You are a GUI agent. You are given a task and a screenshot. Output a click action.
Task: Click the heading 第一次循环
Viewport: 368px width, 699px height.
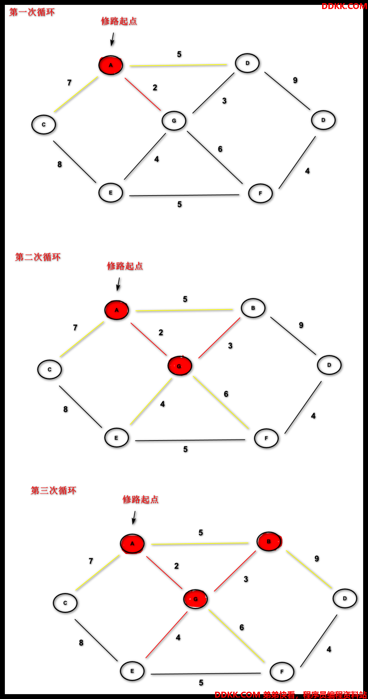pos(32,13)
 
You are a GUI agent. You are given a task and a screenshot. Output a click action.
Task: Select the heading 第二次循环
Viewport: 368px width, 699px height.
pos(38,257)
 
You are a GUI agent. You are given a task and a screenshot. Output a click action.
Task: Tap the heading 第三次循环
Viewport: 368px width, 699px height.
pos(54,491)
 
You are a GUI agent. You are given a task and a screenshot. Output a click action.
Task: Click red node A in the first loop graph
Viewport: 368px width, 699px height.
pos(111,65)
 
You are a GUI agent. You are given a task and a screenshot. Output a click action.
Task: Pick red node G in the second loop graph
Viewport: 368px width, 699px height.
pos(180,366)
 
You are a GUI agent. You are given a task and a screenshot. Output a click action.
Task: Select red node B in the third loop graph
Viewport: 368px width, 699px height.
pos(269,541)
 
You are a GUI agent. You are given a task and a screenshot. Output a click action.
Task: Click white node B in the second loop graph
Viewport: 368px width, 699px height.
pos(253,308)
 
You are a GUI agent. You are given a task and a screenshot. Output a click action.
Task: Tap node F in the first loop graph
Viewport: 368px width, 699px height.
pos(260,194)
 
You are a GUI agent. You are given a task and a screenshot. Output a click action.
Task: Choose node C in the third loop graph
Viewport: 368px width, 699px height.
pos(65,603)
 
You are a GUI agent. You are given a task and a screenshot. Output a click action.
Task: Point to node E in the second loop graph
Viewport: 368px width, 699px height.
pos(116,438)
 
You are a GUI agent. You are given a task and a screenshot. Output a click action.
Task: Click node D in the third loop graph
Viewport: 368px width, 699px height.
pos(345,599)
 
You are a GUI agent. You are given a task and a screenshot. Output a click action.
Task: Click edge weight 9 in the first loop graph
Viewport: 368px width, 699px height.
pos(295,80)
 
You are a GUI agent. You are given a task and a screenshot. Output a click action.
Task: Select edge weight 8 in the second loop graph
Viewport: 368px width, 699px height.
pos(65,409)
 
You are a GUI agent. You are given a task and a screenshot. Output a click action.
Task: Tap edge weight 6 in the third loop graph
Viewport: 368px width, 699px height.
pos(242,627)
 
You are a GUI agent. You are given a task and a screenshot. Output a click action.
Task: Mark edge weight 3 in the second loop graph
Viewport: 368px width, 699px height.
pos(230,346)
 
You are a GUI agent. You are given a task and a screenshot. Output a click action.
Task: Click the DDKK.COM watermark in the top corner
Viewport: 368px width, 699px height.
pos(344,6)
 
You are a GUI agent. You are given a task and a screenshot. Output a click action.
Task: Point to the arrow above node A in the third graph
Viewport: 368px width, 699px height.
pos(134,518)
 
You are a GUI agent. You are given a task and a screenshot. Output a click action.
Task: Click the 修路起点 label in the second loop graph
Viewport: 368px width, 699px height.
pos(125,266)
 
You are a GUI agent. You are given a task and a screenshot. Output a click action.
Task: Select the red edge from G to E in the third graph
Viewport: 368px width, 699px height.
pos(166,635)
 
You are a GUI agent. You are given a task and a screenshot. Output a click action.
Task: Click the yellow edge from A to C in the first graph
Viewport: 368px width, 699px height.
pos(76,94)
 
